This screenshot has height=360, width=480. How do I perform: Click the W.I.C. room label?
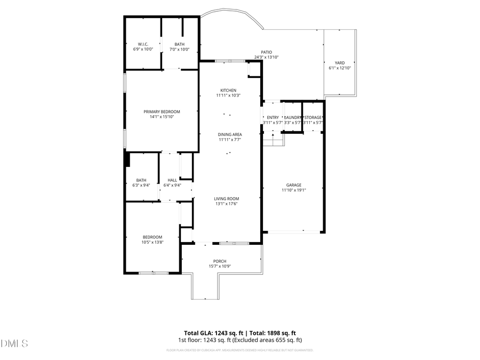click(142, 44)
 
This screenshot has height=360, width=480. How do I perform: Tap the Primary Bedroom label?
click(162, 111)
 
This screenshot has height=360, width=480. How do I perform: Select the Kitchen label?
click(228, 91)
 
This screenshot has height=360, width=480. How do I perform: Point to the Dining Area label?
click(230, 134)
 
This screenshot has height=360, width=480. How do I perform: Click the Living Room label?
click(226, 198)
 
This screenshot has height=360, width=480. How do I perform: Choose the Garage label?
click(293, 185)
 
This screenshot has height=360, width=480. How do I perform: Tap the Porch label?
click(220, 261)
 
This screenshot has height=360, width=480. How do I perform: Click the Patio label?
click(266, 52)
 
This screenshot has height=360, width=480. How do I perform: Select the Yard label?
click(339, 63)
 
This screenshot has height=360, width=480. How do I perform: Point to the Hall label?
click(172, 180)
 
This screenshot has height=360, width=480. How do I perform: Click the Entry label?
click(273, 117)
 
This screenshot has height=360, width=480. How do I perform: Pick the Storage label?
click(313, 117)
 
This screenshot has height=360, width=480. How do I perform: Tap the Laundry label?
click(293, 117)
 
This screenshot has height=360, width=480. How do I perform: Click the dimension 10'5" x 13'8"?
click(152, 242)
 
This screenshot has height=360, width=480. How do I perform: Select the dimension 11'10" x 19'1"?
click(293, 190)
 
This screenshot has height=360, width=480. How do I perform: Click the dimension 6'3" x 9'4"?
click(141, 186)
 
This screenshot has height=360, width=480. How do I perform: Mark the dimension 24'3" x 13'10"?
click(266, 58)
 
